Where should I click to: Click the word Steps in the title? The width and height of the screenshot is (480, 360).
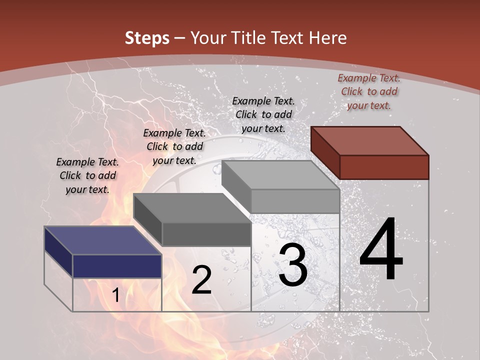[x=147, y=38]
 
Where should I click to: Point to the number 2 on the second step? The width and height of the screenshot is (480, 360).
[x=201, y=280]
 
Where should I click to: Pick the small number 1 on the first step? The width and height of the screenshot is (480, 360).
[x=116, y=295]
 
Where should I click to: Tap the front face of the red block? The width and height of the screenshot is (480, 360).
[x=384, y=167]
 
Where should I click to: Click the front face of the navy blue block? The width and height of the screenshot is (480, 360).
[x=117, y=266]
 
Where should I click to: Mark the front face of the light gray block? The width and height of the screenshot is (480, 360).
[x=295, y=201]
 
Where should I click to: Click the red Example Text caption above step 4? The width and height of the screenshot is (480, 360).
[x=369, y=91]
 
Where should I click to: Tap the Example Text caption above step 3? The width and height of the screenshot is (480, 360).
[x=263, y=114]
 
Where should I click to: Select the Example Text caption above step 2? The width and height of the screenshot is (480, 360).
[x=174, y=146]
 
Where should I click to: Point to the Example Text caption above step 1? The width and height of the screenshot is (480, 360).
[x=87, y=175]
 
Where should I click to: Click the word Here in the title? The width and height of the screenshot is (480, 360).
[x=327, y=38]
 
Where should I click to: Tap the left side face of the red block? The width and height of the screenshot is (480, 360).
[x=325, y=152]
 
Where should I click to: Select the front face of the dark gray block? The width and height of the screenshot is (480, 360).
[x=206, y=234]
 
